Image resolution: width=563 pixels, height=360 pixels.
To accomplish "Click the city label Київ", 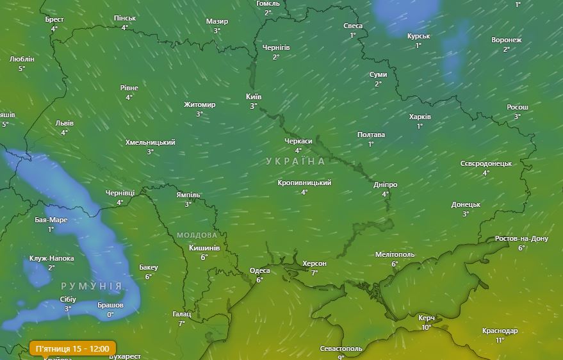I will click(254, 97).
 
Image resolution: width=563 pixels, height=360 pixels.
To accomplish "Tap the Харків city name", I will click(420, 117).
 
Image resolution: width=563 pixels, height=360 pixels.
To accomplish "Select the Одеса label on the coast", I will click(259, 270).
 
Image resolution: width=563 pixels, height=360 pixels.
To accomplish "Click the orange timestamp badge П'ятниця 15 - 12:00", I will click(72, 348).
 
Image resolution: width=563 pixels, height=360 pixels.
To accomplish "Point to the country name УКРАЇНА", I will click(295, 161).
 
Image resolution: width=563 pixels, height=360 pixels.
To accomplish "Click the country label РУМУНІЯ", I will click(91, 286).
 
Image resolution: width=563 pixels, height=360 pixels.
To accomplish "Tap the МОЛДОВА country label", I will click(197, 235).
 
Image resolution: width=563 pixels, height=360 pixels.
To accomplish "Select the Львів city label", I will click(64, 123).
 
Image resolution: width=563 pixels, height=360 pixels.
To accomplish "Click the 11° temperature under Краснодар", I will click(500, 340).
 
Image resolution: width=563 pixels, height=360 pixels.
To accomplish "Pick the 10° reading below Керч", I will click(427, 327).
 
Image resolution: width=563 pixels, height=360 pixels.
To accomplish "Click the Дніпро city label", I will click(386, 184).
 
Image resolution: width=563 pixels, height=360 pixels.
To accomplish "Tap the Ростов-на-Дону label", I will click(521, 238).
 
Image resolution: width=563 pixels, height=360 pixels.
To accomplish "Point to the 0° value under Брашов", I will click(110, 315).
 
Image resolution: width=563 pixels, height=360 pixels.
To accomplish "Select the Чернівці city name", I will click(120, 193).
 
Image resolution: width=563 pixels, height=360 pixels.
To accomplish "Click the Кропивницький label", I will click(304, 183).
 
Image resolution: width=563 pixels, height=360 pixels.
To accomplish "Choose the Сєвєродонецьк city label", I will click(485, 163).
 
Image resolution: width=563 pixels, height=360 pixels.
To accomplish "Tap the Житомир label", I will click(199, 104).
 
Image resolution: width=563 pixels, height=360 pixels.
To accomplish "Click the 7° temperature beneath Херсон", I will click(314, 272).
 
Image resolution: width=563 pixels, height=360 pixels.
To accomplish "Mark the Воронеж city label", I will click(506, 40).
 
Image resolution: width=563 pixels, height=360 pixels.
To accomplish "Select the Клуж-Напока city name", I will click(51, 258).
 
